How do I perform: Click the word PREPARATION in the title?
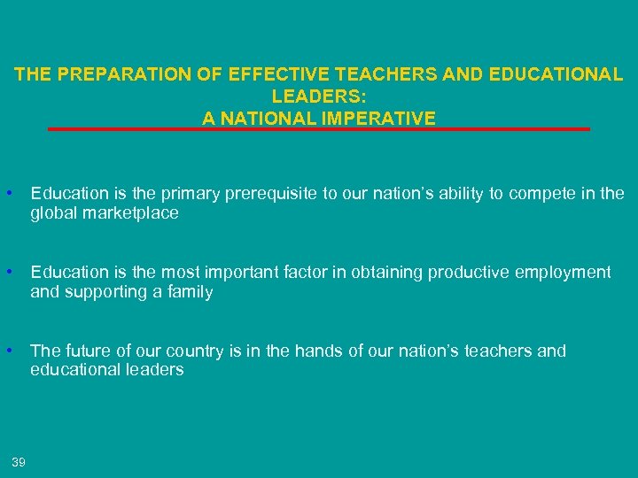click(x=113, y=75)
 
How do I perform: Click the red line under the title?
click(x=319, y=129)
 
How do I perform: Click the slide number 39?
click(x=19, y=461)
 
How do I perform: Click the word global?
click(x=52, y=213)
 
